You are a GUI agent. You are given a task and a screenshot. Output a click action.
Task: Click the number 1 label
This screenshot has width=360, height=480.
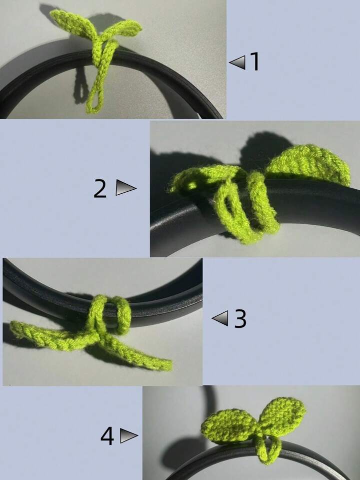click(254, 62)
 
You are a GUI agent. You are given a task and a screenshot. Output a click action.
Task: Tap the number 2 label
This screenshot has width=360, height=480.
click(100, 189)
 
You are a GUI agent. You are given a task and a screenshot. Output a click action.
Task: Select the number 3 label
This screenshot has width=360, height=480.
click(240, 319)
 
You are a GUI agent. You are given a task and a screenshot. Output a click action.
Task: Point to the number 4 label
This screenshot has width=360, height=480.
click(107, 436)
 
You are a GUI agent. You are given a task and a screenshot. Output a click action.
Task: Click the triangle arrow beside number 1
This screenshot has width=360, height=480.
click(237, 62)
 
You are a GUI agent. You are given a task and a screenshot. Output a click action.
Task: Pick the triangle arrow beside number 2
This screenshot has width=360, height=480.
click(125, 187)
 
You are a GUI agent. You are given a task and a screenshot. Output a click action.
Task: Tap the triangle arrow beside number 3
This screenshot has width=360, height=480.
click(220, 319)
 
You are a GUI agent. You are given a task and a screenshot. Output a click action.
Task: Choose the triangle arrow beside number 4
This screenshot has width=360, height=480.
click(129, 435)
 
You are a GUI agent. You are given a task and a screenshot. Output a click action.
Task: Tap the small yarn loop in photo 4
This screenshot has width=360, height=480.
click(268, 448)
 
